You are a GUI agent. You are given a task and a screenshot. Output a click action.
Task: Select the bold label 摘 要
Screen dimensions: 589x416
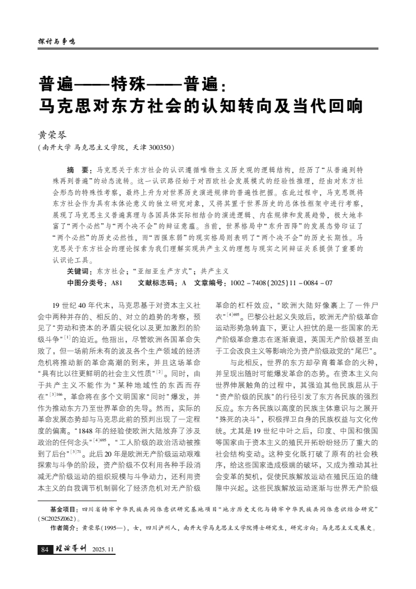point(76,171)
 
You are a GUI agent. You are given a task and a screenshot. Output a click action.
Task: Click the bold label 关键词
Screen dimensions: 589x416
point(79,271)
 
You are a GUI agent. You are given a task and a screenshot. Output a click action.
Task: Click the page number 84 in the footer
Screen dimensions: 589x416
point(44,549)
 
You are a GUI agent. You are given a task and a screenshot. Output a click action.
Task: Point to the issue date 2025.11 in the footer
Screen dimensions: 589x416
point(104,549)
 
